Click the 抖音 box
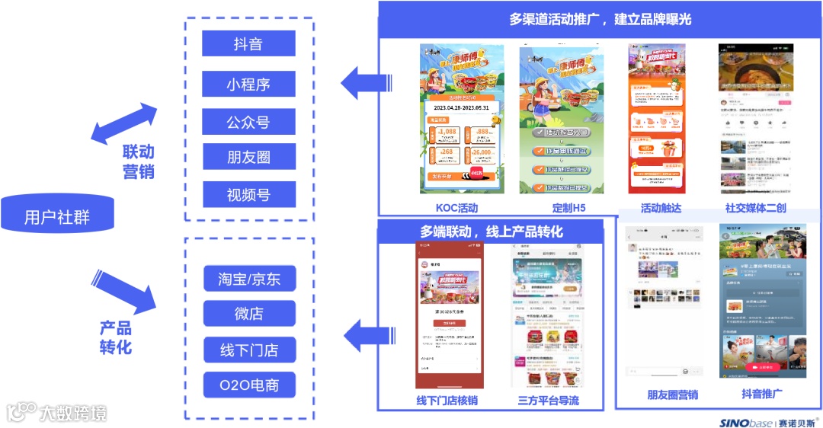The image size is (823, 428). (x=248, y=43)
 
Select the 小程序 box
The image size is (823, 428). (x=248, y=84)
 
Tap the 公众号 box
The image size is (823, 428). (x=248, y=122)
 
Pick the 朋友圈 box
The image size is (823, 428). (x=248, y=158)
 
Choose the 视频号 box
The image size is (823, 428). (x=248, y=195)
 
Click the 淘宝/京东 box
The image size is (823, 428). (x=249, y=279)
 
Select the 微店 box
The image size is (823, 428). (x=249, y=314)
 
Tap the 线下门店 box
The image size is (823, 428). (x=249, y=350)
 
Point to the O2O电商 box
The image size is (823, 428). (x=249, y=385)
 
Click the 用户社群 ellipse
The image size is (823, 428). (x=57, y=218)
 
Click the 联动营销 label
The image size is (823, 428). (x=138, y=161)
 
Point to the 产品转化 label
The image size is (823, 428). (x=116, y=337)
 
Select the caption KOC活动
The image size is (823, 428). (x=456, y=208)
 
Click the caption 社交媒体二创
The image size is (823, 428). (x=755, y=208)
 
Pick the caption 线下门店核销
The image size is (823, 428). (x=447, y=401)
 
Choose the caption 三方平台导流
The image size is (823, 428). (x=548, y=401)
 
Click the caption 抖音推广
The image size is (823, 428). (x=762, y=394)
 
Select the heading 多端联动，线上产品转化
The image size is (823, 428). (x=491, y=231)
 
